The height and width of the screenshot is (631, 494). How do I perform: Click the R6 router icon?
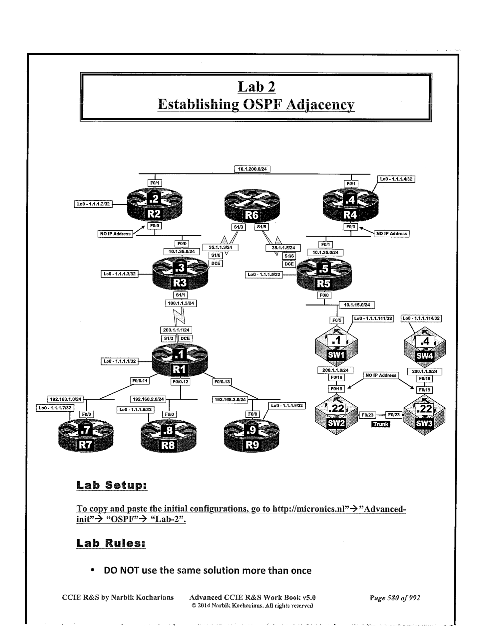point(252,207)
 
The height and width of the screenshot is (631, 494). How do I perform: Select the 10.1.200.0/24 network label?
point(252,169)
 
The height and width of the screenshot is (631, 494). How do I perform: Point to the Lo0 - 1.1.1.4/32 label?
point(396,179)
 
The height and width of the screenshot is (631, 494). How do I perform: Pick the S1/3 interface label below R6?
point(239,227)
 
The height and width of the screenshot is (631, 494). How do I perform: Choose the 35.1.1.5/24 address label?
point(283,248)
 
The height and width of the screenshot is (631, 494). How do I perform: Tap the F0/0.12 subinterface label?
point(180,382)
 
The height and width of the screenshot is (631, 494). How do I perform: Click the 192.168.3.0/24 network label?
point(230,399)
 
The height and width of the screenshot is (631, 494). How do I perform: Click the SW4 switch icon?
point(425,348)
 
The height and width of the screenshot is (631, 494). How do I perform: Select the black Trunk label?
point(381,424)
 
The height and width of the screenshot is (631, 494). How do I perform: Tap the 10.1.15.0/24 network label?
point(357,305)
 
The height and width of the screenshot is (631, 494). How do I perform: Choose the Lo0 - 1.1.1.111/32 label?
point(373,318)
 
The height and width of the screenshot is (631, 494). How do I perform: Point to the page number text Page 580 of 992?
point(395,598)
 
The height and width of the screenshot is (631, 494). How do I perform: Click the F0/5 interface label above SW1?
point(335,320)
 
